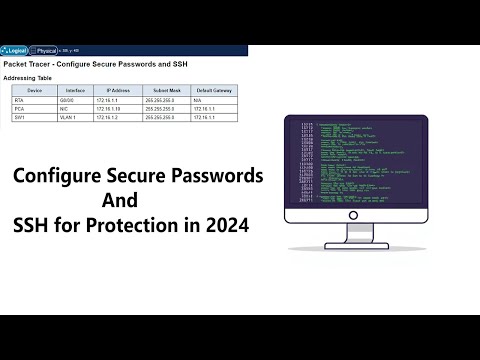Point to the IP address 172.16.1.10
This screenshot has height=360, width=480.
pos(108,107)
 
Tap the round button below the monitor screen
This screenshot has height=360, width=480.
pos(355,215)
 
